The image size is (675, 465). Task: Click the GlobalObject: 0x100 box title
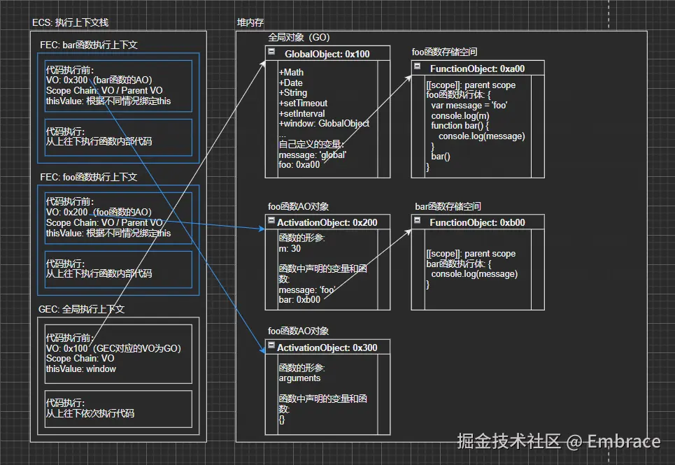click(327, 54)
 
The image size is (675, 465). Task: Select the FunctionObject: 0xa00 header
click(477, 69)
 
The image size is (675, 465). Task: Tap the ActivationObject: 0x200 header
click(327, 222)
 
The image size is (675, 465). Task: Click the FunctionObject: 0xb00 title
click(477, 222)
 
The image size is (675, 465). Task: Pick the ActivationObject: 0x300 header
click(327, 348)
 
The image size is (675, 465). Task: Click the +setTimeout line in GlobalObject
click(303, 103)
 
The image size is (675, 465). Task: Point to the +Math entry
click(291, 72)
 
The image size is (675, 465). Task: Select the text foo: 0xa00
click(299, 165)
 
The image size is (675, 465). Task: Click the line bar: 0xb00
click(299, 299)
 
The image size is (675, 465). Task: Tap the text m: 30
click(290, 249)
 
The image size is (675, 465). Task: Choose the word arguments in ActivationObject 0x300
click(299, 378)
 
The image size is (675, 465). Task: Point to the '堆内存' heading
click(250, 23)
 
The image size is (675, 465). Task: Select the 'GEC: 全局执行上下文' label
click(81, 308)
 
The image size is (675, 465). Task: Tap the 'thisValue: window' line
click(81, 369)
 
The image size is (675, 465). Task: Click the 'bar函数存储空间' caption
click(448, 206)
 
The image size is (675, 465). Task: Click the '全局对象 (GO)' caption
click(299, 37)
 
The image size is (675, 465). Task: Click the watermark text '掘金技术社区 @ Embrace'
click(558, 441)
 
